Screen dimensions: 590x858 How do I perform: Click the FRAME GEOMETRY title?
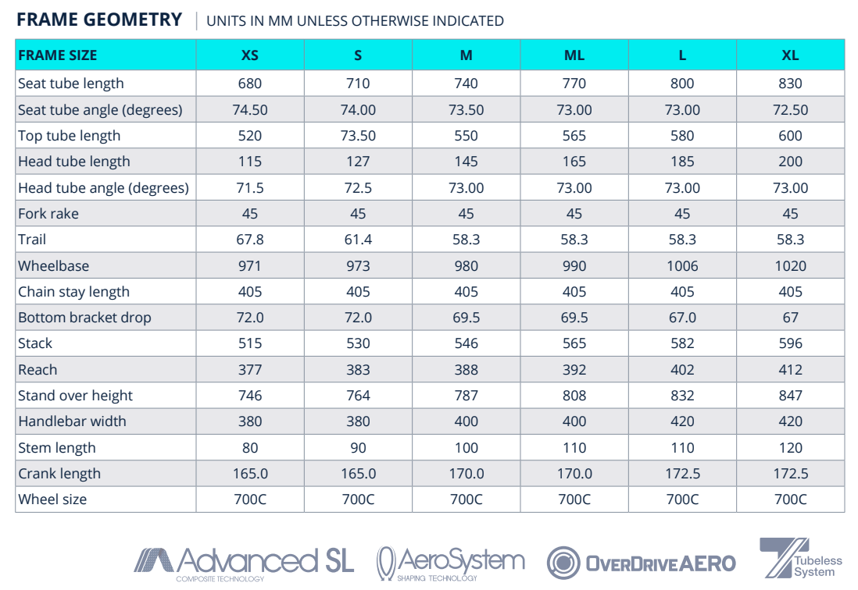[99, 20]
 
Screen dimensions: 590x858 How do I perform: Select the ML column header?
[574, 55]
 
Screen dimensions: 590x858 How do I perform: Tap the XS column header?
[250, 55]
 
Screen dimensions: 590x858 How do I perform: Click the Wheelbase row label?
[53, 266]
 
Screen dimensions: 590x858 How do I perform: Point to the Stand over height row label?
[75, 396]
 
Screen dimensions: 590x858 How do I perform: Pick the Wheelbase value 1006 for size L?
[682, 266]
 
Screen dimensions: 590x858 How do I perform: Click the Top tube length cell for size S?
[358, 136]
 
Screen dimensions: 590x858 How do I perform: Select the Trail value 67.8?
[250, 240]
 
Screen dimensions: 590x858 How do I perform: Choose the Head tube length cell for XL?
[790, 162]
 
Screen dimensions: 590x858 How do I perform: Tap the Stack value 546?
[466, 343]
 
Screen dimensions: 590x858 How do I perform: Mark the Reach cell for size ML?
[574, 370]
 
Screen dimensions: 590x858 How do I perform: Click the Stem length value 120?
[790, 448]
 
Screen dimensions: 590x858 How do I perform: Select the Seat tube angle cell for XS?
[250, 110]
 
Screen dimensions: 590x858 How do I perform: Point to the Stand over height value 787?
[466, 396]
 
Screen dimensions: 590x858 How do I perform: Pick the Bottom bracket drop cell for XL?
[790, 318]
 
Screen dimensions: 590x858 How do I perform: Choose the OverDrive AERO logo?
[641, 563]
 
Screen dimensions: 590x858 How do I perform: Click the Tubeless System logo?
[800, 559]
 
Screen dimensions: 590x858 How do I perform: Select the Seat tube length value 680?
[250, 84]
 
